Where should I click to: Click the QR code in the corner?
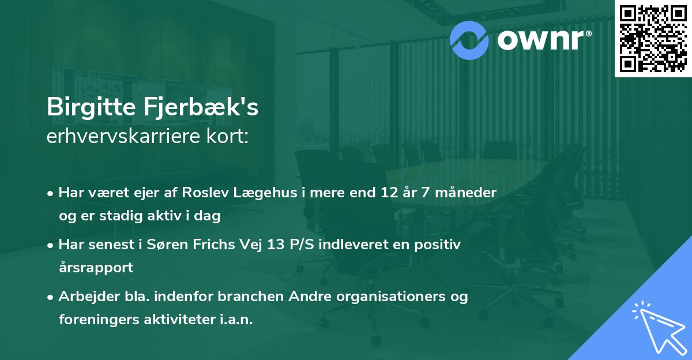pyautogui.click(x=653, y=39)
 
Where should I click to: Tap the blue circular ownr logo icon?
pyautogui.click(x=469, y=40)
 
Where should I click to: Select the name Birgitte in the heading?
pyautogui.click(x=91, y=107)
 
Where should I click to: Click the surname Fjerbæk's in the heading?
pyautogui.click(x=201, y=107)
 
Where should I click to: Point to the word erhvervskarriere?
pyautogui.click(x=123, y=136)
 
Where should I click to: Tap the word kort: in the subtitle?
pyautogui.click(x=227, y=136)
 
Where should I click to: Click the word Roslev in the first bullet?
pyautogui.click(x=205, y=193)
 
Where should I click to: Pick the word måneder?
pyautogui.click(x=465, y=193)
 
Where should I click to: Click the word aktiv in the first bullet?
pyautogui.click(x=164, y=215)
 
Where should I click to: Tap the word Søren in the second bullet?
pyautogui.click(x=167, y=245)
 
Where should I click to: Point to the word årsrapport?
pyautogui.click(x=96, y=268)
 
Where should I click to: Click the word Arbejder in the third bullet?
pyautogui.click(x=89, y=297)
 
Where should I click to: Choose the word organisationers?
pyautogui.click(x=391, y=297)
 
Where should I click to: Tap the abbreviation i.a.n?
pyautogui.click(x=236, y=319)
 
